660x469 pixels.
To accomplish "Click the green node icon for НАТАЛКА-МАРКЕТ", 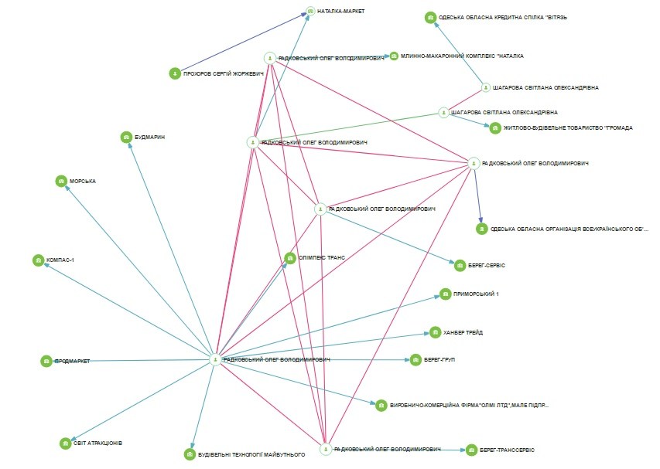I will coord(310,12).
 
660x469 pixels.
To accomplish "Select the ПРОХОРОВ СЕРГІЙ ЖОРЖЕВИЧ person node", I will coord(175,73).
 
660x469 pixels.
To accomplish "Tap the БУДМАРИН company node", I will coord(126,137).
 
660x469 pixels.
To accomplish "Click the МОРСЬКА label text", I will coord(83,181).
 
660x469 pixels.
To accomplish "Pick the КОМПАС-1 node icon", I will coord(38,260).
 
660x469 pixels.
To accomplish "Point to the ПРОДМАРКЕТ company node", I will coord(47,361).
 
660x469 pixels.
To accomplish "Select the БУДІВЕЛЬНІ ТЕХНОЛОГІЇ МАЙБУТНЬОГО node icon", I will coord(190,455).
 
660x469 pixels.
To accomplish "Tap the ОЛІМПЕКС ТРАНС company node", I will coord(290,258).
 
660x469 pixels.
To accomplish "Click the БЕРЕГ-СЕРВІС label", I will coord(486,265).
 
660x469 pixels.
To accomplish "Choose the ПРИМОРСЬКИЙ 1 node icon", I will coord(445,294).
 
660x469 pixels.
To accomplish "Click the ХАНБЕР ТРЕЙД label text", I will coord(464,333).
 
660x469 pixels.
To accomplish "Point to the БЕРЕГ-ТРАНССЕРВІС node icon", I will coord(471,449).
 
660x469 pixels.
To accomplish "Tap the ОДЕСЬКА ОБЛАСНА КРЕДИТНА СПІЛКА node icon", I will coord(430,17).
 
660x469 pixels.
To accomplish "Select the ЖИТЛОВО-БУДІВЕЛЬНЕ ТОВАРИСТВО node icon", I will coord(495,128).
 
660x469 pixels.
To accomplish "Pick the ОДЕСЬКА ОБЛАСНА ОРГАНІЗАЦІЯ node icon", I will coord(481,229).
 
